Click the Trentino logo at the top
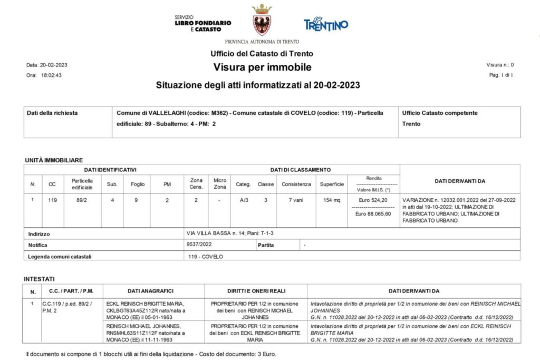click(326, 24)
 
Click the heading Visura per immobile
click(262, 67)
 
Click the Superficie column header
click(332, 184)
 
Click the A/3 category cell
click(243, 200)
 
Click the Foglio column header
click(134, 184)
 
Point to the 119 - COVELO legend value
click(206, 257)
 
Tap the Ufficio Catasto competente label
click(440, 113)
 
